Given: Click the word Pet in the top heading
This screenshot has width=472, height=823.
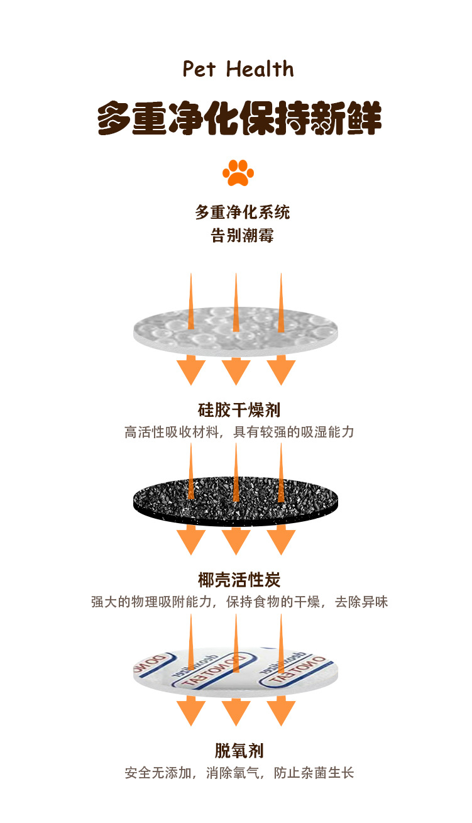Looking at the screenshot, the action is [x=199, y=69].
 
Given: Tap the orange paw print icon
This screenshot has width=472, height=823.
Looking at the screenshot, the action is [x=238, y=172].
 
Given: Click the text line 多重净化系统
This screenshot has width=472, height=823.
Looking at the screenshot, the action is [x=242, y=212].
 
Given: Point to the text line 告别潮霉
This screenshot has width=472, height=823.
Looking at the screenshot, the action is [x=242, y=236].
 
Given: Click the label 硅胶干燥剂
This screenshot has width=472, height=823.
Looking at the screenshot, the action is [x=239, y=411].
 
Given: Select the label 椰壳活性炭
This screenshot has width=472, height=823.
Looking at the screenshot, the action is [x=239, y=580].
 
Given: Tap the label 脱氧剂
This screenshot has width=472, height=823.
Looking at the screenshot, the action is [x=239, y=750].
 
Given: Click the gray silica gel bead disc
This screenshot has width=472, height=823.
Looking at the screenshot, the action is [x=236, y=330].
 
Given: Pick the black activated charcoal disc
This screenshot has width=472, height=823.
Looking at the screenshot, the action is [x=236, y=500].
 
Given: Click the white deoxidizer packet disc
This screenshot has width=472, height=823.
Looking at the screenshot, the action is [x=236, y=670].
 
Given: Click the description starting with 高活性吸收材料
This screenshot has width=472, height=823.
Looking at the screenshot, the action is [x=239, y=433].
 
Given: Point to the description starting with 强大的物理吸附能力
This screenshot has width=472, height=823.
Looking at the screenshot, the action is [x=239, y=602].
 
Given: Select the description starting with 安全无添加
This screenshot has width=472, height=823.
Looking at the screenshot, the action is [x=239, y=773].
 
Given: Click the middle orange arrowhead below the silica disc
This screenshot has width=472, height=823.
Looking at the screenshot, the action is [x=236, y=371].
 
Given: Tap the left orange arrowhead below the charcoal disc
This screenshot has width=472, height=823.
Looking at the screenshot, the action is [x=190, y=541].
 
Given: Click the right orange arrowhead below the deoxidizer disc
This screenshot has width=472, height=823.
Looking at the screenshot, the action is [x=281, y=712].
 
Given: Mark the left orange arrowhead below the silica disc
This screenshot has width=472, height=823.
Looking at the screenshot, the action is [x=190, y=371].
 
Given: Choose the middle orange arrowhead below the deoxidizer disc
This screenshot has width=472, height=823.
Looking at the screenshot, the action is [x=236, y=712].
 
